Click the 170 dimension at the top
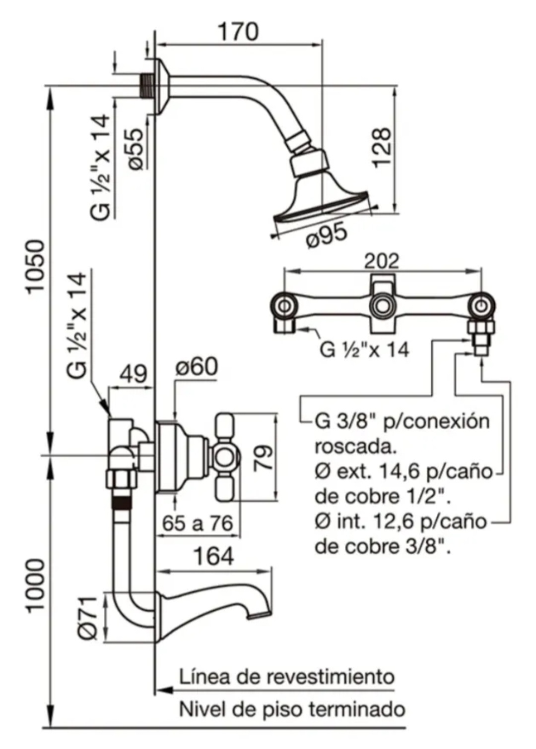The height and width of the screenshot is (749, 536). coord(238,32)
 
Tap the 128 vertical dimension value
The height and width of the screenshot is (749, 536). coord(381,148)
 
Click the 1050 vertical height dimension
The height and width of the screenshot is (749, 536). coord(36,267)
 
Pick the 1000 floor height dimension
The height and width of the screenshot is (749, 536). coord(36,585)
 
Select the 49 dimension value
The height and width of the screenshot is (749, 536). coord(133,375)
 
